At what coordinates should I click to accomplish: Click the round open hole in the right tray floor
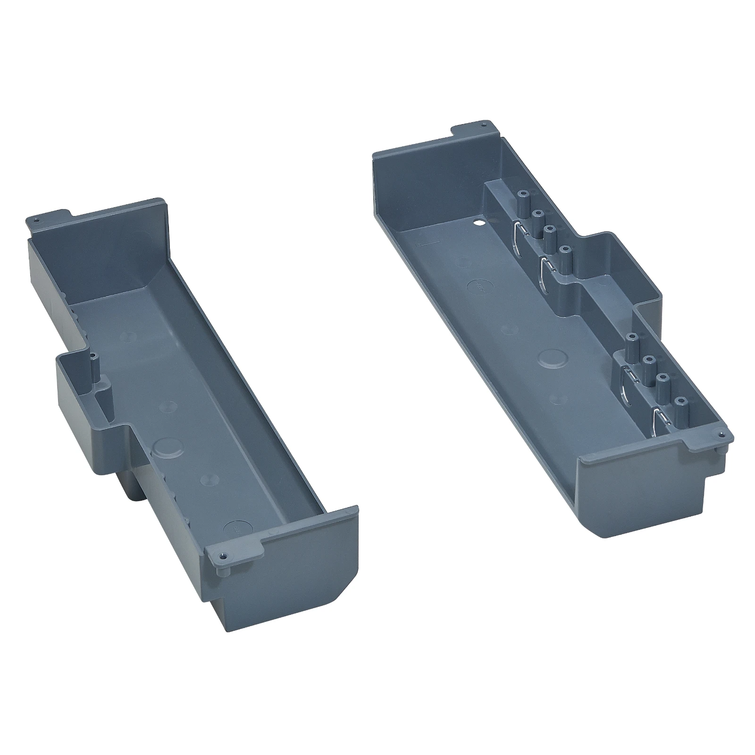479,221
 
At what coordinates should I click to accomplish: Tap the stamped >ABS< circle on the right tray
478,286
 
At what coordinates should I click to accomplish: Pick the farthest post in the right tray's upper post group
522,201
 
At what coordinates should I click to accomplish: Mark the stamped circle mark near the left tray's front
234,528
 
